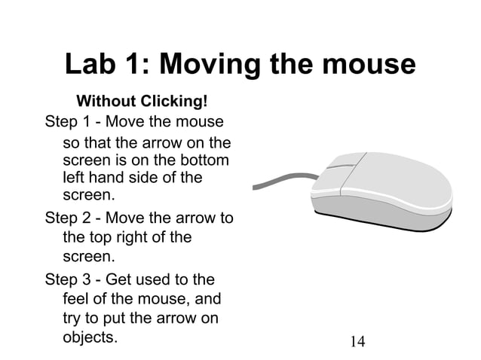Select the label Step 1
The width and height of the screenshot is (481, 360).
click(69, 121)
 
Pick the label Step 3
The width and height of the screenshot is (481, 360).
click(69, 279)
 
